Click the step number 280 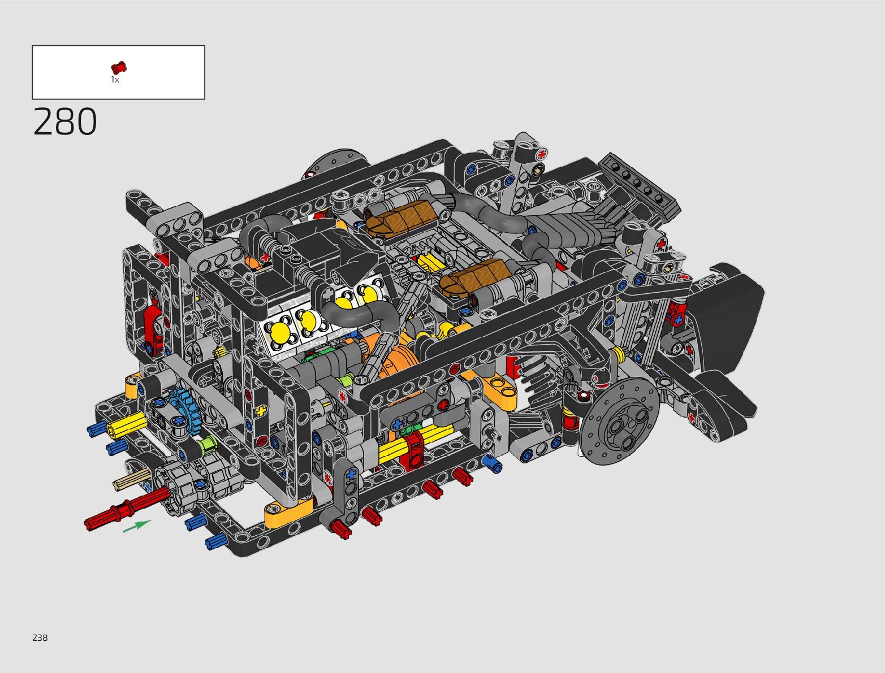point(65,121)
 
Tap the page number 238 point(40,637)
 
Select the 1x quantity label point(115,80)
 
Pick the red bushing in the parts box point(119,68)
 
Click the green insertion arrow point(137,526)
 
